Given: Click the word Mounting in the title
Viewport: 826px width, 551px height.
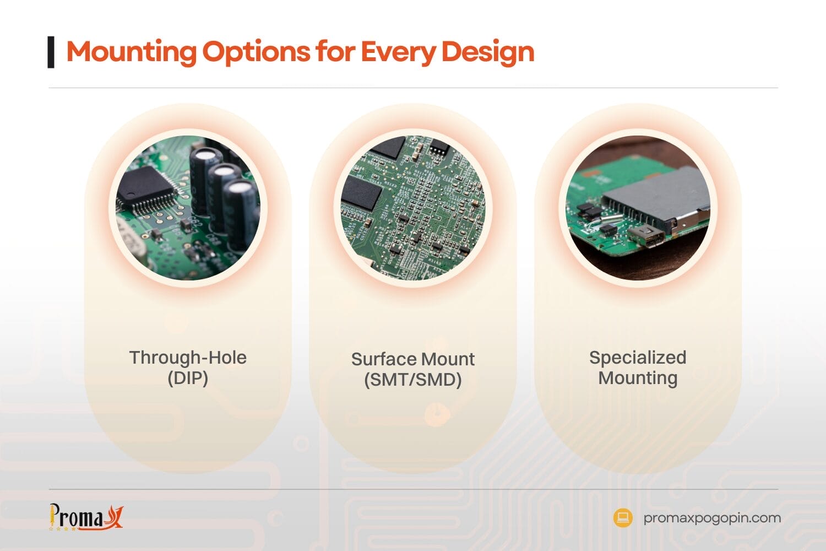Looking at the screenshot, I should click(x=131, y=52).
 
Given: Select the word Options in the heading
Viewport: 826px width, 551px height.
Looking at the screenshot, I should click(x=256, y=52).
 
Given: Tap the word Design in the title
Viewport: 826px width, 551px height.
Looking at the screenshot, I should click(x=487, y=52).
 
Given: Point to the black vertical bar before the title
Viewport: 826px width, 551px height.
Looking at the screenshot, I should click(x=51, y=52).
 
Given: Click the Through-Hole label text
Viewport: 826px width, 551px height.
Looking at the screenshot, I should click(x=188, y=358).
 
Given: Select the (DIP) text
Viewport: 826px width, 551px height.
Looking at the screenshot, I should click(x=188, y=379).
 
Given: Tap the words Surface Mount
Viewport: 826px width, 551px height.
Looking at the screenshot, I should click(x=413, y=359).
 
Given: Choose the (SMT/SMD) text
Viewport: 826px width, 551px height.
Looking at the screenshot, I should click(x=413, y=380).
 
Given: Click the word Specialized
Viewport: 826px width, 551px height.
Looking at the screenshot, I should click(x=638, y=358).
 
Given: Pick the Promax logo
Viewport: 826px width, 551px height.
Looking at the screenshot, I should click(x=86, y=517).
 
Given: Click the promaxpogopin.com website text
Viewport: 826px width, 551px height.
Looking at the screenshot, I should click(x=712, y=518).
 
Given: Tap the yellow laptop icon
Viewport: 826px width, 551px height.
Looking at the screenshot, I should click(x=623, y=518).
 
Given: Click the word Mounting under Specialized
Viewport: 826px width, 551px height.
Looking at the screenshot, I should click(x=638, y=379).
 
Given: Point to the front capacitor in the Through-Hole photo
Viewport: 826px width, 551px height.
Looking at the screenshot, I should click(x=241, y=212).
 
